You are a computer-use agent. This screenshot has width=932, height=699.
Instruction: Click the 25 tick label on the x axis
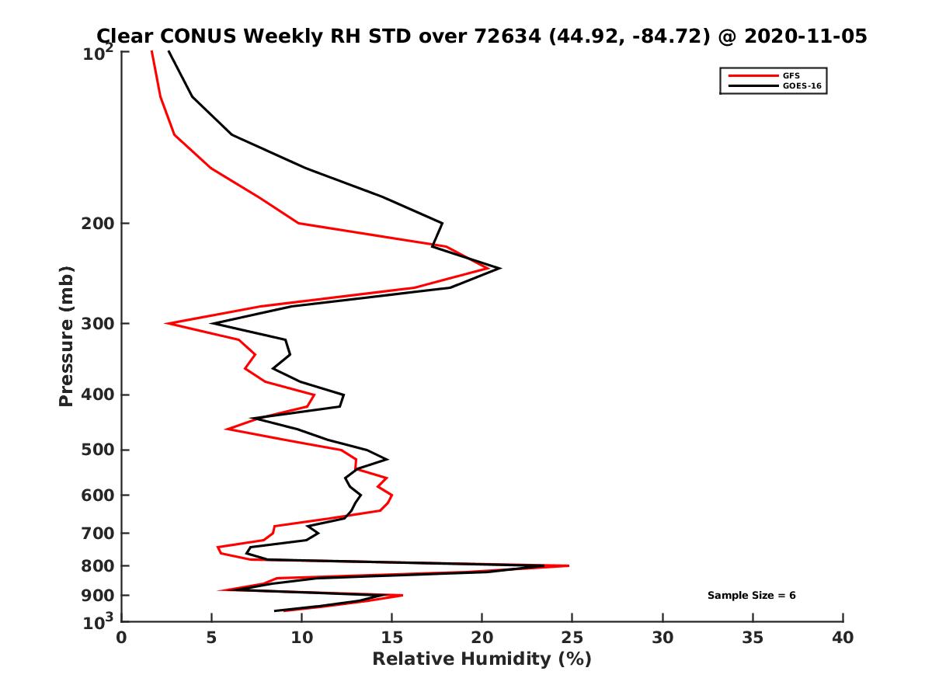572,638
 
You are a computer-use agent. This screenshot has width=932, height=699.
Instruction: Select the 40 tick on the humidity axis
843,638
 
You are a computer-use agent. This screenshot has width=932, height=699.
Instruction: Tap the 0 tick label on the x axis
122,638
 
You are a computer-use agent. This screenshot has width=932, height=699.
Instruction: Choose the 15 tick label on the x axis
392,638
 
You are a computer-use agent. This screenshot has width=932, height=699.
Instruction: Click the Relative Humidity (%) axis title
482,659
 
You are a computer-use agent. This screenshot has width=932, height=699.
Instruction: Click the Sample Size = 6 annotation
751,596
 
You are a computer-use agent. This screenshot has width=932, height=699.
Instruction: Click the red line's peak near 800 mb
569,566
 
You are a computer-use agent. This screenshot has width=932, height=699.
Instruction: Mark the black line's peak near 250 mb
499,269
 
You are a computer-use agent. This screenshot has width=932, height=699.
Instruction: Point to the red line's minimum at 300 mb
167,323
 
